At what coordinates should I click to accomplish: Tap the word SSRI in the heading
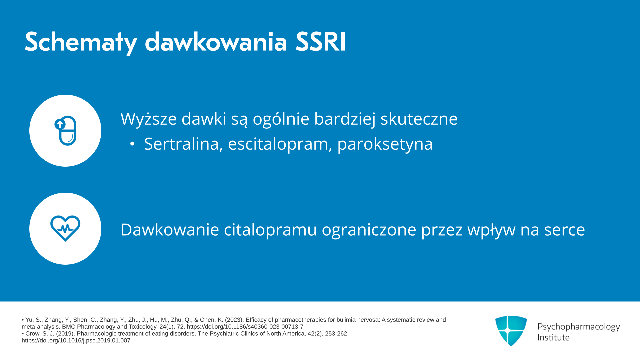pos(321,42)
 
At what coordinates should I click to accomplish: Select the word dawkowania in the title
pos(216,42)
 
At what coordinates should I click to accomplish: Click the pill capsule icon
pos(65,131)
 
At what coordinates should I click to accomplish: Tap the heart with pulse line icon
pos(65,228)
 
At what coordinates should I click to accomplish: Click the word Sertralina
pos(183,144)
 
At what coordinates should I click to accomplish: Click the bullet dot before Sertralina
pos(132,144)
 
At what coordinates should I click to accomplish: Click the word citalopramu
pos(270,230)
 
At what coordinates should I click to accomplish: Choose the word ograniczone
pos(369,230)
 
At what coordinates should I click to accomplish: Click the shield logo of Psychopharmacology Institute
pos(511,331)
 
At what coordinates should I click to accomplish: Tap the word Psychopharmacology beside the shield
pos(579,327)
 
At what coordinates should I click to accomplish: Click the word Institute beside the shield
pos(553,337)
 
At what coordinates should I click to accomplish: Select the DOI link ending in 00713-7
pos(245,327)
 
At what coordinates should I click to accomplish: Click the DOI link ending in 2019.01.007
pos(76,341)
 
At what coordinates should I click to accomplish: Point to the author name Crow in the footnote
pos(32,334)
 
